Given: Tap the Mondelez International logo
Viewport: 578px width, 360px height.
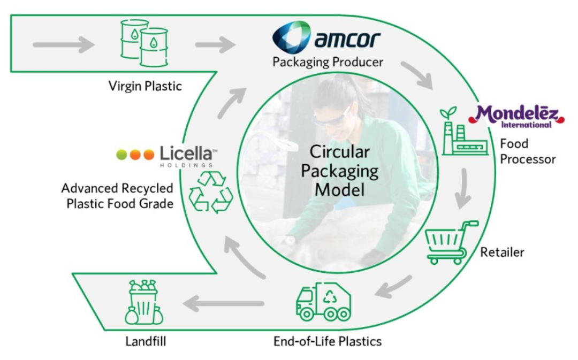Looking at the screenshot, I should (516, 116).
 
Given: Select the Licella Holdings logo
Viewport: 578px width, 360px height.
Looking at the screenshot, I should (168, 155).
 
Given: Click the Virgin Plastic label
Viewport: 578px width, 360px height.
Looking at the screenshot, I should (145, 85).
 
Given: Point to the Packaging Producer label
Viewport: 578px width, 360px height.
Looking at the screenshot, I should (328, 62).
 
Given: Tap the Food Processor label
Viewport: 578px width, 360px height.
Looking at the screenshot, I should (527, 151).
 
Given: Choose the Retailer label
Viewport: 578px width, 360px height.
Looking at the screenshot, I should (501, 251).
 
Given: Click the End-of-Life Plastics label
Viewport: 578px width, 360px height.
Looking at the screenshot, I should (328, 341).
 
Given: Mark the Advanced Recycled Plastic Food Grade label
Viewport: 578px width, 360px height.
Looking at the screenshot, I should (117, 196).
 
